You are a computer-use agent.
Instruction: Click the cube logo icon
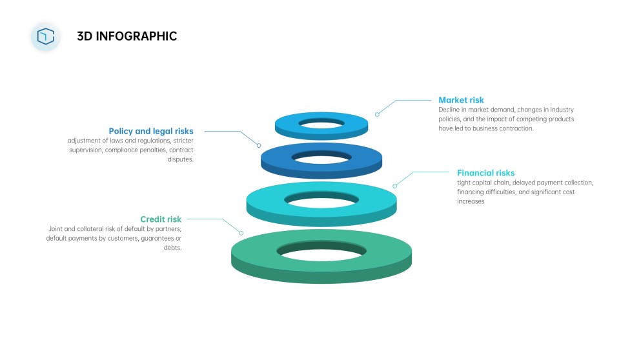[x=45, y=36]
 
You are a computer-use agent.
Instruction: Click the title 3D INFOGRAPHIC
[x=127, y=36]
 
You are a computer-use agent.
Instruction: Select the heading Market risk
[x=461, y=100]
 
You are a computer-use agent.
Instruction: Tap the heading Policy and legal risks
[x=151, y=131]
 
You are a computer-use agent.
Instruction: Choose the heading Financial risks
[x=486, y=173]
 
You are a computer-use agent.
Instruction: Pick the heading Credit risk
[x=161, y=219]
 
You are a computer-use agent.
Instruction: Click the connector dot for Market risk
[x=377, y=114]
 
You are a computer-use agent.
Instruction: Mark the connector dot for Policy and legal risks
[x=259, y=145]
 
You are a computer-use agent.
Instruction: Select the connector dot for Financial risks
[x=395, y=186]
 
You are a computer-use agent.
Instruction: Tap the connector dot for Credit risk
[x=241, y=233]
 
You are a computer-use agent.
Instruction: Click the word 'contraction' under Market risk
[x=516, y=128]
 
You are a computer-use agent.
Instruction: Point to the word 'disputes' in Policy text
[x=180, y=159]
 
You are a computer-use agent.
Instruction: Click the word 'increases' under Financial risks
[x=471, y=201]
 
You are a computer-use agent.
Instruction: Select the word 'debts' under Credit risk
[x=173, y=248]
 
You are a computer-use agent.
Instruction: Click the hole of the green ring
[x=321, y=250]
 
